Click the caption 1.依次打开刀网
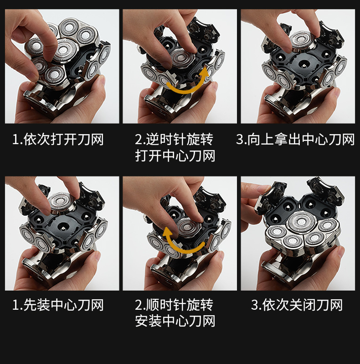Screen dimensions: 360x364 (x=58, y=140)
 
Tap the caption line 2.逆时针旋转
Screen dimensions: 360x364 (x=174, y=140)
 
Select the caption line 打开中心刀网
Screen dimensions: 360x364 (x=175, y=156)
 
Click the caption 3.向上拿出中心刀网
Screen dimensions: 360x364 (x=295, y=140)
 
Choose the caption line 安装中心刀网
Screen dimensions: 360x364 (x=175, y=321)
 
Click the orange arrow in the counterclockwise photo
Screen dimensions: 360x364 (x=185, y=90)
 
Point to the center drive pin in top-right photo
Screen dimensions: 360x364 (x=303, y=65)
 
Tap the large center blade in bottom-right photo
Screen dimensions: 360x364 (x=302, y=223)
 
